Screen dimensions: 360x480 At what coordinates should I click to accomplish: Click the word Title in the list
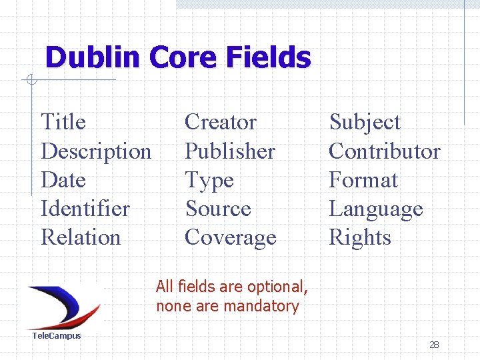63,123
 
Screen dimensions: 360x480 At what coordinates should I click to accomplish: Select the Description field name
96,152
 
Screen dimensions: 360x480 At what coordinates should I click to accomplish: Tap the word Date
63,180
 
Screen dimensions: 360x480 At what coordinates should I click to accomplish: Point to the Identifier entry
85,209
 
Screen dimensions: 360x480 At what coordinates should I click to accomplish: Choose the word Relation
81,237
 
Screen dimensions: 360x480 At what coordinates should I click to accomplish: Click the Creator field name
220,123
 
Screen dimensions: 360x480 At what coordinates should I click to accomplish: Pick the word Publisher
229,152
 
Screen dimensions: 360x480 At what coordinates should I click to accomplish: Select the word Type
209,181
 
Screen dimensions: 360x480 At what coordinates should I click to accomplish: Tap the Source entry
217,209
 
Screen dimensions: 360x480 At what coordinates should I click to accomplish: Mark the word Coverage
230,238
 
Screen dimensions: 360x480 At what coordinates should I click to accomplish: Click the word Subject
365,123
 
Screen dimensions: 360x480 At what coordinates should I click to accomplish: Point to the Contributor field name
385,151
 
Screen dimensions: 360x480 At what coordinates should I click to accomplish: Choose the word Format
363,180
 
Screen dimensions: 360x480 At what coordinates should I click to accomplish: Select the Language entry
376,210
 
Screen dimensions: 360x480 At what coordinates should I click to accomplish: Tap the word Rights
360,239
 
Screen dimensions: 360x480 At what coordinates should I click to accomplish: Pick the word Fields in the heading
269,58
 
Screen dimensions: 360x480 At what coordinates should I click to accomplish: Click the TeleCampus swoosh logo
63,306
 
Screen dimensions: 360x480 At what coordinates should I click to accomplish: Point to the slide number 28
434,345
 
